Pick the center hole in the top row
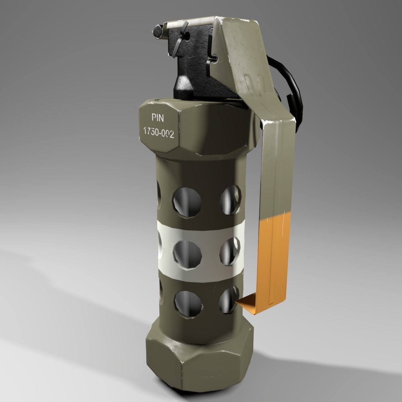[187, 202]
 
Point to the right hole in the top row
[231, 200]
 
